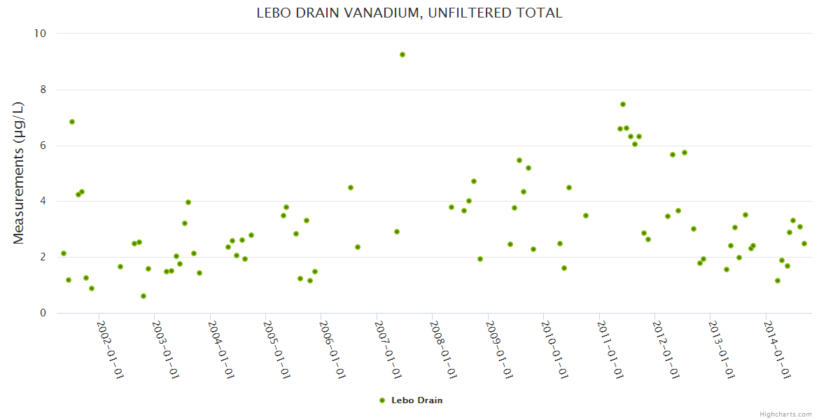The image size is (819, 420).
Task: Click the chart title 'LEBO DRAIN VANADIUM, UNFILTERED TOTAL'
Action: pyautogui.click(x=409, y=13)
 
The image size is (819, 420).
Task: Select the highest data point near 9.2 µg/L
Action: pyautogui.click(x=402, y=55)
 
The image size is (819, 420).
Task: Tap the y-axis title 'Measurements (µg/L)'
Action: pyautogui.click(x=19, y=173)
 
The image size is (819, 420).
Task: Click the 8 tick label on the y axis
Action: pyautogui.click(x=42, y=90)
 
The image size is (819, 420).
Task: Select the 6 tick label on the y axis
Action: pyautogui.click(x=42, y=146)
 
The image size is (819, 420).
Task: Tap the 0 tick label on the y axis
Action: pyautogui.click(x=42, y=313)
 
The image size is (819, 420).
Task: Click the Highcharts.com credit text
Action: pyautogui.click(x=785, y=414)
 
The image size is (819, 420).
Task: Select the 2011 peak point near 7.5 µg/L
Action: pyautogui.click(x=623, y=104)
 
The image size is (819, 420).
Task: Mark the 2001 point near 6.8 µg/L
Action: pyautogui.click(x=72, y=122)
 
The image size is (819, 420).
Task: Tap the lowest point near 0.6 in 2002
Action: pyautogui.click(x=143, y=296)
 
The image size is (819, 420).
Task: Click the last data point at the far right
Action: pyautogui.click(x=804, y=244)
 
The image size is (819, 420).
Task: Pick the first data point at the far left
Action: pyautogui.click(x=64, y=253)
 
